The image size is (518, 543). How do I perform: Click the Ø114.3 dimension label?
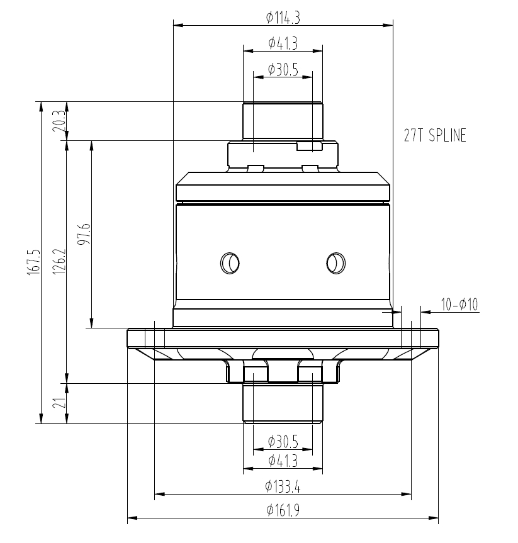click(283, 18)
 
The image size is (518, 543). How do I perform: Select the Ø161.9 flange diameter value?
click(283, 510)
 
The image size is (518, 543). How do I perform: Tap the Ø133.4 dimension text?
click(283, 486)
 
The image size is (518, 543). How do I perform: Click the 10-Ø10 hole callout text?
click(459, 305)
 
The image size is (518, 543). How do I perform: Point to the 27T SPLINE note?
click(436, 135)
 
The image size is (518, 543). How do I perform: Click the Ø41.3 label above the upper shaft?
click(283, 43)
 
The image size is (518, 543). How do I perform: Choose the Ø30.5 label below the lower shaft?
click(283, 440)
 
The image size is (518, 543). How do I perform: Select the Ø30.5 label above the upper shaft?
click(283, 69)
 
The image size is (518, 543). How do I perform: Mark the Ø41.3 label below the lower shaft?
click(283, 461)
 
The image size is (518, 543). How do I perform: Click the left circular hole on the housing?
click(228, 262)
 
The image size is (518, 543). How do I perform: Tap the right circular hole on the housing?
click(335, 262)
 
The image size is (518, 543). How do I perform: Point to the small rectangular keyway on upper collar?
click(309, 147)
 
